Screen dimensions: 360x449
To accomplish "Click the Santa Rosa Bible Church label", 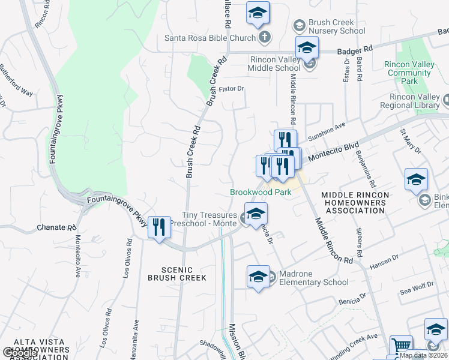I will [210, 38].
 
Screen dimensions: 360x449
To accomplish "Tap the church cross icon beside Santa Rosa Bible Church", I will [264, 38].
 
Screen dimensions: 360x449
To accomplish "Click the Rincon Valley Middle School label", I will [272, 64].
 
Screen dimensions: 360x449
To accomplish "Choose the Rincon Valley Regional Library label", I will [414, 101].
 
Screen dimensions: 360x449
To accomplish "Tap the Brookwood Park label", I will [261, 192].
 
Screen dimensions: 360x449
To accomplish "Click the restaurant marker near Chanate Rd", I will [159, 227].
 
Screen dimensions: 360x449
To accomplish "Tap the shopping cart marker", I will [401, 346].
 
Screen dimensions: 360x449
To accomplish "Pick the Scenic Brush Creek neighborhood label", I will [177, 274].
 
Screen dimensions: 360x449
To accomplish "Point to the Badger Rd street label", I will [355, 52].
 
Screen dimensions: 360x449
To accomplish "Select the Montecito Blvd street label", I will [329, 152].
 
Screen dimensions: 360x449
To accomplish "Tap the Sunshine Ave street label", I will [327, 132].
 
